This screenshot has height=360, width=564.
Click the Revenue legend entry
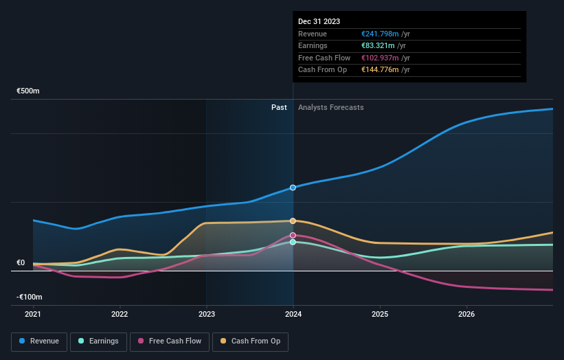click(x=39, y=341)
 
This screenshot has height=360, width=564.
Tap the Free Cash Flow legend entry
click(x=169, y=341)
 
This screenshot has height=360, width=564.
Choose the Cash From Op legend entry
click(x=251, y=341)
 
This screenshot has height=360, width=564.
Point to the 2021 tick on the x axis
click(x=33, y=315)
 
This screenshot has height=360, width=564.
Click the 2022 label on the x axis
click(x=120, y=315)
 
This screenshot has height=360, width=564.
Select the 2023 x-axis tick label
click(x=206, y=315)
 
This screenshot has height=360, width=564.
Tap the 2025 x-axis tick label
click(x=380, y=315)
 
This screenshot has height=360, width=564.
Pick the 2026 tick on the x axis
click(x=466, y=315)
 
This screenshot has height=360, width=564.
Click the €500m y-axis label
click(x=28, y=91)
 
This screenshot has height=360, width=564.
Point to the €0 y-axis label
click(x=21, y=262)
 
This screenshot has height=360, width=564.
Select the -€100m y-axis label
click(x=30, y=297)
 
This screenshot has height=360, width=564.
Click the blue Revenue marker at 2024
click(x=293, y=188)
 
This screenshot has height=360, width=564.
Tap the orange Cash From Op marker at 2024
click(x=293, y=221)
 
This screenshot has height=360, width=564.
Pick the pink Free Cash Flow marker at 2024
click(x=293, y=235)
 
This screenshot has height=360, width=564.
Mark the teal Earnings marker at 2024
click(x=293, y=242)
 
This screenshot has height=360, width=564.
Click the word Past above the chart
click(x=279, y=107)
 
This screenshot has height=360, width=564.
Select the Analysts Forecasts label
click(x=330, y=107)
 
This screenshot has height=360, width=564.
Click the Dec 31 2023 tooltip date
click(x=319, y=22)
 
